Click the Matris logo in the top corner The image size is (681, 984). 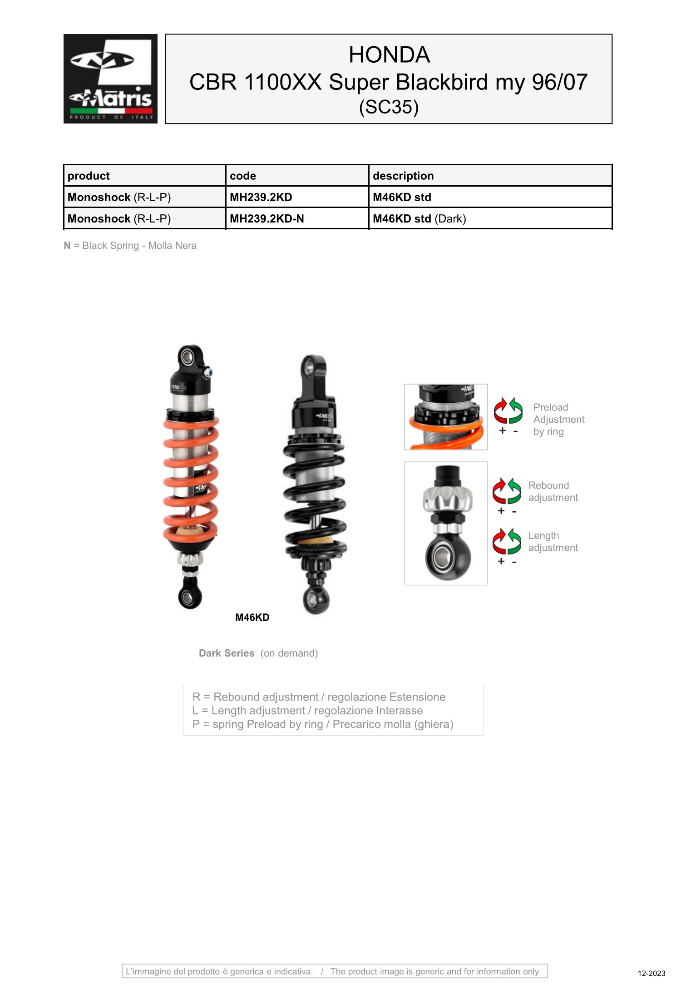click(110, 79)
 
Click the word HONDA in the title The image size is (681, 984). click(389, 55)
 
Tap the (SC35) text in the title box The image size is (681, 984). click(389, 107)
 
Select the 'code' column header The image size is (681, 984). click(243, 176)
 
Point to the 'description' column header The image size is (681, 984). click(403, 176)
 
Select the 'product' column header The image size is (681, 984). click(89, 176)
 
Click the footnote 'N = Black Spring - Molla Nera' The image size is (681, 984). click(130, 246)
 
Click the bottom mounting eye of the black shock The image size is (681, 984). click(316, 600)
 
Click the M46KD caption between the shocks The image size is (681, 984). click(252, 618)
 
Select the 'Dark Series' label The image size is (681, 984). click(227, 653)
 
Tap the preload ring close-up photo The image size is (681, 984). click(446, 417)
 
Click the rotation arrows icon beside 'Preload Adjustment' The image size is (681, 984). click(508, 410)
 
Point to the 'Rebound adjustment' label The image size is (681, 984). click(553, 491)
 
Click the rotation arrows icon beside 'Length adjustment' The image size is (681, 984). click(507, 541)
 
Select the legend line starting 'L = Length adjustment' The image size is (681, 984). click(307, 711)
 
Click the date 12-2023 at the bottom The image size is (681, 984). click(651, 973)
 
